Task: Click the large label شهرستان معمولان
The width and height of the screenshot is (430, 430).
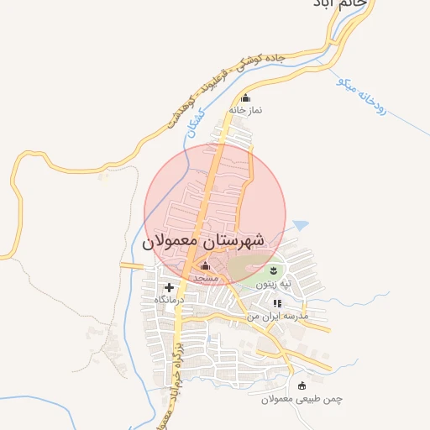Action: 203,240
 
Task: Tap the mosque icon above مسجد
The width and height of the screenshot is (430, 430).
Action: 206,265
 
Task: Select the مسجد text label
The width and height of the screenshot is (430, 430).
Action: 206,276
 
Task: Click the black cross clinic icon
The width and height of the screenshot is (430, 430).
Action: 169,287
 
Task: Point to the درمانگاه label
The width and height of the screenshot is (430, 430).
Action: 169,299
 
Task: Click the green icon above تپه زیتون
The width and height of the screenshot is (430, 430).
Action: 274,270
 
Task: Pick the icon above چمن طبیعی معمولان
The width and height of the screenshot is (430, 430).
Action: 302,385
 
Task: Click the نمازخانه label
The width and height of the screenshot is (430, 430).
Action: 245,110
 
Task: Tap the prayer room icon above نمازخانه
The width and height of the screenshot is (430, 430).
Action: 245,97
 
